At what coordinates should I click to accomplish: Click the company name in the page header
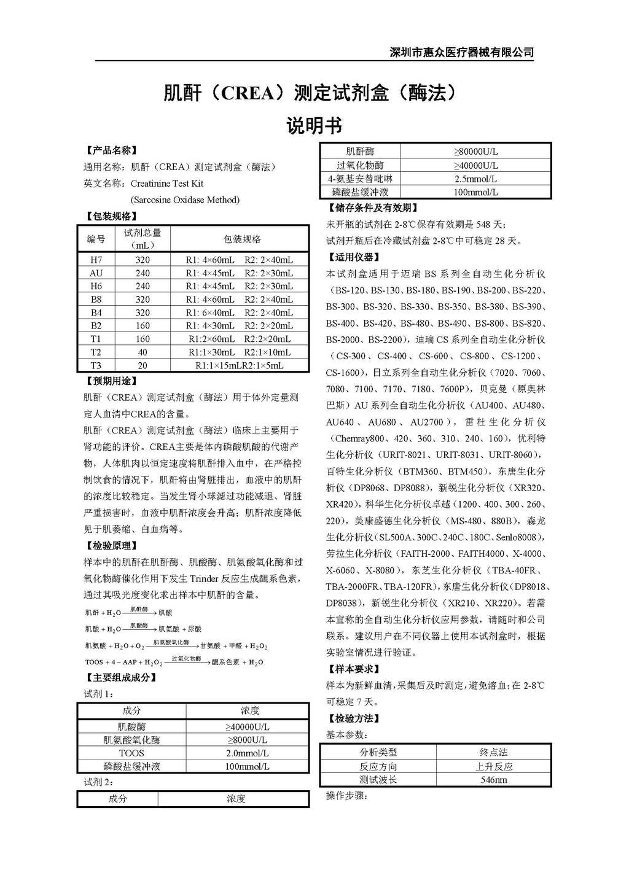pyautogui.click(x=462, y=52)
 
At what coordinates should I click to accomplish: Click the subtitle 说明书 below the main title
pyautogui.click(x=314, y=126)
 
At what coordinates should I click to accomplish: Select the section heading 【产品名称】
pyautogui.click(x=111, y=150)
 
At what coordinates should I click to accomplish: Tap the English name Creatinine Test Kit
pyautogui.click(x=167, y=183)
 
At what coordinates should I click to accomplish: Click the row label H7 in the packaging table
pyautogui.click(x=96, y=260)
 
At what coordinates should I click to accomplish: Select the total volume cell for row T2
pyautogui.click(x=143, y=352)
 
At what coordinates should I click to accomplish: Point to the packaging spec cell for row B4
pyautogui.click(x=239, y=313)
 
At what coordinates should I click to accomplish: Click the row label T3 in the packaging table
pyautogui.click(x=96, y=365)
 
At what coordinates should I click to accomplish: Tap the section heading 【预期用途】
pyautogui.click(x=111, y=381)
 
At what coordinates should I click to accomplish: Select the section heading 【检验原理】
pyautogui.click(x=111, y=545)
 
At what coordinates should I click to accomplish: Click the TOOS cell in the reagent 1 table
pyautogui.click(x=131, y=753)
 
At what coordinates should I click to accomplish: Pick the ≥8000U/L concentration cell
pyautogui.click(x=247, y=740)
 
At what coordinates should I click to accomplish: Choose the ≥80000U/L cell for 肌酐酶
pyautogui.click(x=475, y=152)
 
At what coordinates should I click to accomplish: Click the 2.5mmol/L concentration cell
pyautogui.click(x=475, y=179)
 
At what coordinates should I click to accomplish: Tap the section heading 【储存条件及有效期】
pyautogui.click(x=374, y=208)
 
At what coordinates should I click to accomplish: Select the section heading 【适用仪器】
pyautogui.click(x=353, y=257)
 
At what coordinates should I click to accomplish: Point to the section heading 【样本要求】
pyautogui.click(x=353, y=669)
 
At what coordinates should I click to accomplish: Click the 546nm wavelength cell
pyautogui.click(x=493, y=780)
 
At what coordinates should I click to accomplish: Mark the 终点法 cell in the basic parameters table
pyautogui.click(x=493, y=751)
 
